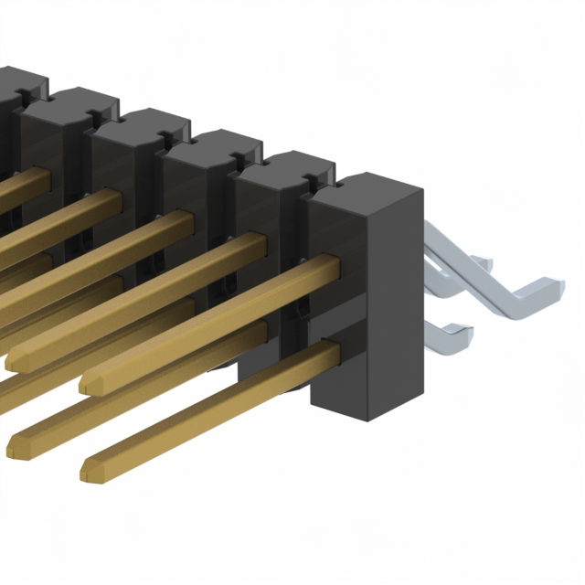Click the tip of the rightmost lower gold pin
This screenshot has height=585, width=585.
[x=90, y=471]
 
